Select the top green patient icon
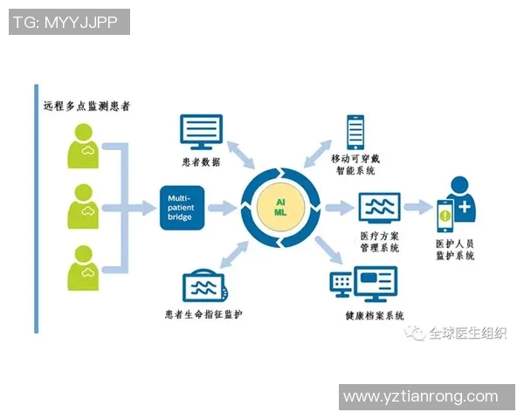84,145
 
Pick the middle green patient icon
84,207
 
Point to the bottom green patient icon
84,268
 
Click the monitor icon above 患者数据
201,131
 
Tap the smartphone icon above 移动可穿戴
355,132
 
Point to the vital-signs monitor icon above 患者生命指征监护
204,286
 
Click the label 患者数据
202,161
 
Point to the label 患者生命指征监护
203,313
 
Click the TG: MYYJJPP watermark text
69,22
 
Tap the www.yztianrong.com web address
420,396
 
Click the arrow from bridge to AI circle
222,208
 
